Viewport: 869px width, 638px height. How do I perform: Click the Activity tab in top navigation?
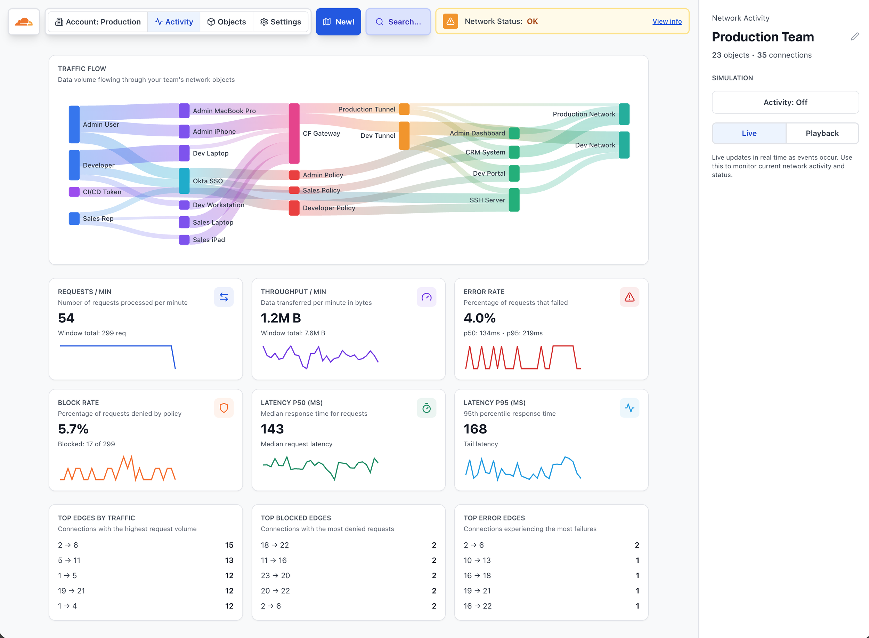click(x=174, y=22)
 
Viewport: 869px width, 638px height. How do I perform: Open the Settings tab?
click(x=280, y=22)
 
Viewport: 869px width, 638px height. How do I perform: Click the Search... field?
click(x=398, y=22)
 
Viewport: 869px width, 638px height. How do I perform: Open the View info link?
click(x=666, y=22)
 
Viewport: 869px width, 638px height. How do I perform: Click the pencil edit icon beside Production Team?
click(x=854, y=37)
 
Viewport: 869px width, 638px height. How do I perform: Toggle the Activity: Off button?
click(x=785, y=102)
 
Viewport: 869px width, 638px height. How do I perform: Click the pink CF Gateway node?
click(x=294, y=133)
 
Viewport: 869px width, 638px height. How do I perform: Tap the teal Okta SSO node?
click(x=184, y=181)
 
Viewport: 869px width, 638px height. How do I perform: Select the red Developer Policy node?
click(x=294, y=208)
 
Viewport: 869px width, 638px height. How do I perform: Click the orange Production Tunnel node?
click(x=404, y=109)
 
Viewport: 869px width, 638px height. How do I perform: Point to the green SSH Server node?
click(x=514, y=200)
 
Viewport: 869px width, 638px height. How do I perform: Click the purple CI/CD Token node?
click(x=74, y=192)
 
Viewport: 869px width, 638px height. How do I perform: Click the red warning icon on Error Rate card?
click(x=629, y=297)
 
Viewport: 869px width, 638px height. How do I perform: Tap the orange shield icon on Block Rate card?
click(x=224, y=408)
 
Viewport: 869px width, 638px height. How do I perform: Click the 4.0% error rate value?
click(x=479, y=318)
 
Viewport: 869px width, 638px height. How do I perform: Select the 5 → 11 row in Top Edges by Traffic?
click(x=146, y=560)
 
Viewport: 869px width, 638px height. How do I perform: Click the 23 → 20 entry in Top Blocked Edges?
click(x=348, y=575)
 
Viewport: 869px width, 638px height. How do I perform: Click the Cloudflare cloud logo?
click(x=24, y=22)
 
